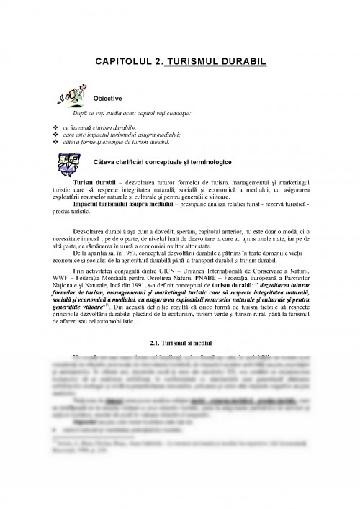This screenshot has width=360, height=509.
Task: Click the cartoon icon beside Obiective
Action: tap(71, 95)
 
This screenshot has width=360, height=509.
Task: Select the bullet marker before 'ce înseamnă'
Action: tap(57, 127)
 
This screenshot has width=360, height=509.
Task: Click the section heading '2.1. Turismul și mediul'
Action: tap(180, 340)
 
